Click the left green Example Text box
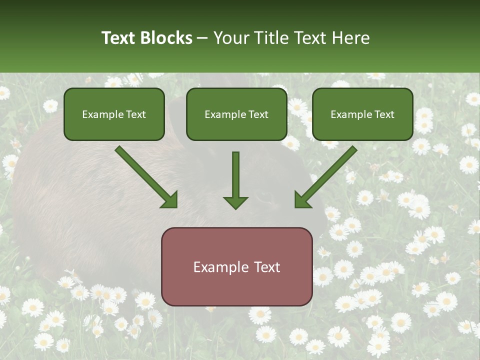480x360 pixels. coord(114,114)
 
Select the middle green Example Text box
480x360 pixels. coord(236,114)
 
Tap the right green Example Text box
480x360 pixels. coord(362,114)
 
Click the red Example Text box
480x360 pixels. coord(237,266)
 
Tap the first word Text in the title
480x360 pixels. coord(119,38)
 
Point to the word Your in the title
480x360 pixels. coord(230,38)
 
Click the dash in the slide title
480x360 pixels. coord(202,38)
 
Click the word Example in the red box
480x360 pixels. coord(220,267)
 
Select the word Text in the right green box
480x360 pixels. coord(384,114)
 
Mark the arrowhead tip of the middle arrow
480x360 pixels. coord(235,208)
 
